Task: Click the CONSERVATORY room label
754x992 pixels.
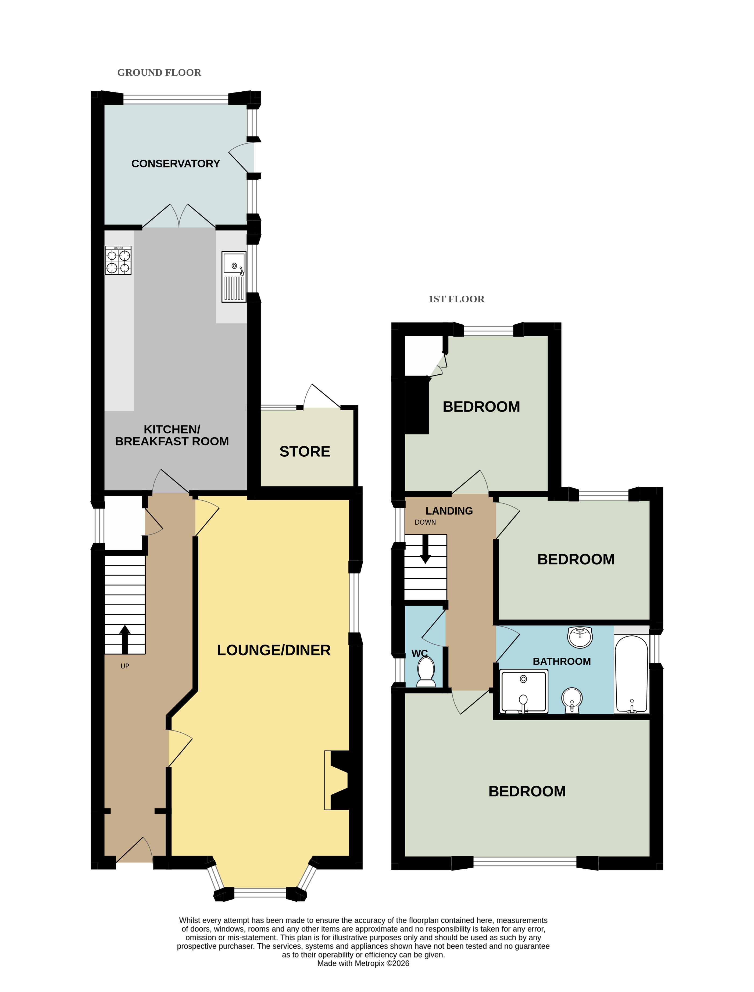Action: pos(176,164)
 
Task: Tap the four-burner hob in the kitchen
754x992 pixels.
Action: pos(118,260)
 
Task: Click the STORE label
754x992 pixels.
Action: pos(305,451)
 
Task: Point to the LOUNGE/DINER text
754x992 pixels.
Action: pos(274,650)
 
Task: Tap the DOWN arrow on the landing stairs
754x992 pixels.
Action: pos(425,549)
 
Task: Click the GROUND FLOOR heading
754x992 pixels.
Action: pos(159,73)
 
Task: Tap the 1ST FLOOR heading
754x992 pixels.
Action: pos(456,299)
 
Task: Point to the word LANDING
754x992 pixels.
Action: pos(449,511)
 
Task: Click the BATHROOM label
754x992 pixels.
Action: pos(562,661)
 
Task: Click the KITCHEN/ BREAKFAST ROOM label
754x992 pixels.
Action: pos(172,435)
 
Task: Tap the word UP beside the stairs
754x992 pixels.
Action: pos(125,666)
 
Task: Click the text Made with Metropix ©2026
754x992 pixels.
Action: pos(363,963)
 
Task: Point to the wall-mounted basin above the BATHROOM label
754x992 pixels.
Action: pos(580,638)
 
